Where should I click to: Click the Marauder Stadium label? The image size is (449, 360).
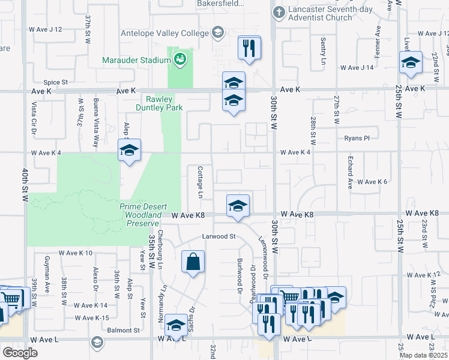pyautogui.click(x=136, y=60)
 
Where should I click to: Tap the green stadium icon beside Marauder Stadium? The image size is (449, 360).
pyautogui.click(x=179, y=59)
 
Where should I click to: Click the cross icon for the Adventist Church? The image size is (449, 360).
pyautogui.click(x=279, y=12)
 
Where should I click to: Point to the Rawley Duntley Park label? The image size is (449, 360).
pyautogui.click(x=158, y=103)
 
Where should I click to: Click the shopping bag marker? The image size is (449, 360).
pyautogui.click(x=193, y=262)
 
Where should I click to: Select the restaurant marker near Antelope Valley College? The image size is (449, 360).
pyautogui.click(x=249, y=47)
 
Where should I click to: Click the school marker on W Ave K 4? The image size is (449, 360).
pyautogui.click(x=129, y=150)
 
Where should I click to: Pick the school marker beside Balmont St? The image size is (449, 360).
pyautogui.click(x=176, y=325)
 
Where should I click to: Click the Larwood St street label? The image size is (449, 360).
pyautogui.click(x=218, y=236)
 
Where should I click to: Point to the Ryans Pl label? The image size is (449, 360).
pyautogui.click(x=357, y=138)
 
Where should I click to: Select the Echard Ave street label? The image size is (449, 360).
pyautogui.click(x=350, y=173)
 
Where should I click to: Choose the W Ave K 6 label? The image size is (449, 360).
pyautogui.click(x=372, y=181)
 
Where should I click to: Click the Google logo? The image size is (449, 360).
pyautogui.click(x=20, y=353)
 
